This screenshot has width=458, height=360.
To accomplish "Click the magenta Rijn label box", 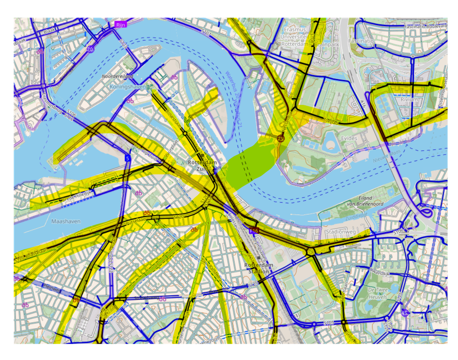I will tap(120, 25).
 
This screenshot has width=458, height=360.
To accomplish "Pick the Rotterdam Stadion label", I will tap(259, 268).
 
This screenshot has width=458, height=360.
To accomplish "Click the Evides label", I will tap(349, 138).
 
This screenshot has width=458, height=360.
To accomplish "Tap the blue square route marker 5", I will tap(128, 158).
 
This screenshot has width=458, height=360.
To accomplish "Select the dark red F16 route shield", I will tap(254, 231).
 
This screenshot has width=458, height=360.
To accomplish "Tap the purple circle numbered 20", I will tap(90, 49).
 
